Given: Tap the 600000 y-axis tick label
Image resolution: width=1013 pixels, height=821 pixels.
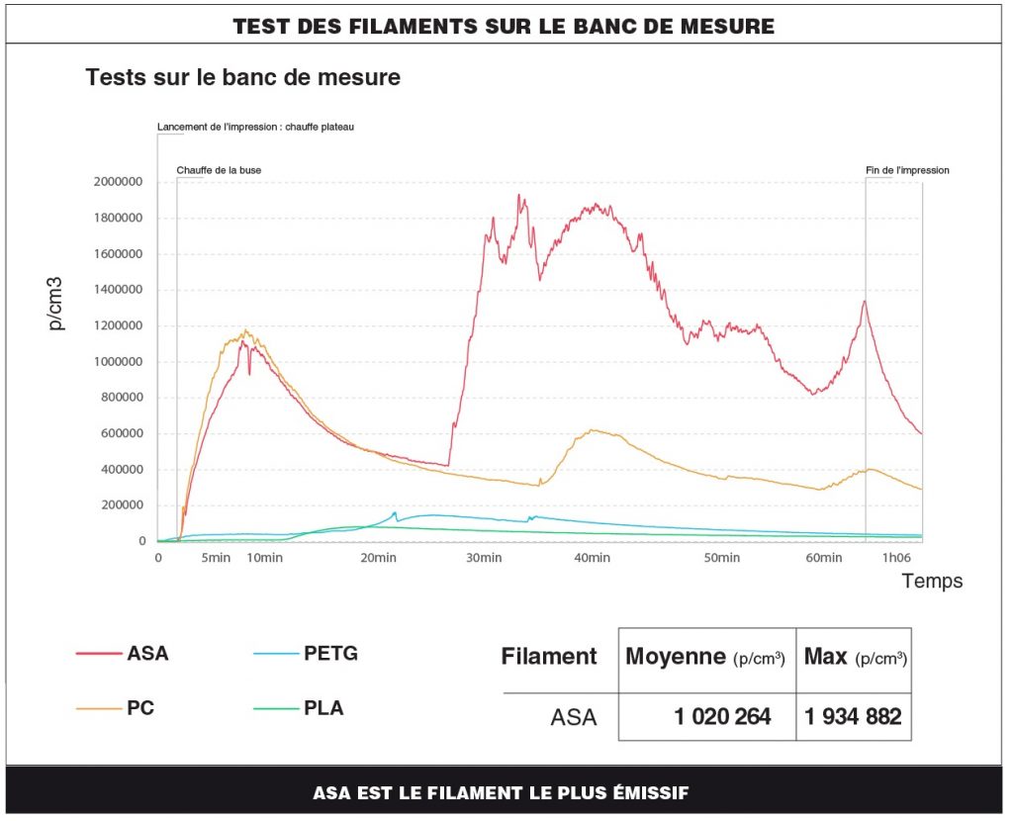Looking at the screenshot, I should [x=120, y=433].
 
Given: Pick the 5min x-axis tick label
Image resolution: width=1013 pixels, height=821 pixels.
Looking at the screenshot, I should [x=216, y=559].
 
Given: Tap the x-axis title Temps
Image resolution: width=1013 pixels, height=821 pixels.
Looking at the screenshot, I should [x=932, y=581].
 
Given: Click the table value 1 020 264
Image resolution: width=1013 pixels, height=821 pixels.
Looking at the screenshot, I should [x=722, y=716].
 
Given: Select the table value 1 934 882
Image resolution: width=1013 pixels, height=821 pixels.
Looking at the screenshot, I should [x=853, y=716].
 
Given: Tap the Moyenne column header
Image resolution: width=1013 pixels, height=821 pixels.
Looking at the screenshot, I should [x=705, y=657].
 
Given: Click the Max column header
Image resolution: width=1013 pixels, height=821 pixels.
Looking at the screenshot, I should [x=855, y=657].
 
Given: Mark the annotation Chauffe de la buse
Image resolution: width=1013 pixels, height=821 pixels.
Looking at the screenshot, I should [x=219, y=170].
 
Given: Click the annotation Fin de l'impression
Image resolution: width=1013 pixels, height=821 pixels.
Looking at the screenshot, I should [x=907, y=170].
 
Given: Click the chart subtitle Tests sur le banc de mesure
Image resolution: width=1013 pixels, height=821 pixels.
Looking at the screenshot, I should [x=243, y=76].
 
